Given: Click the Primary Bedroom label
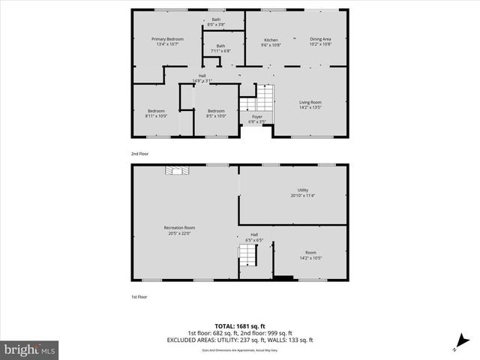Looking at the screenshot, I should [x=167, y=39].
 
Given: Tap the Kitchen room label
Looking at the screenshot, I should [x=271, y=40].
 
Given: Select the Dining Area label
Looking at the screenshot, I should [x=320, y=39].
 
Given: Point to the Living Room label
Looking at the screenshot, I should [x=310, y=102].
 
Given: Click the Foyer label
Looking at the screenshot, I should [x=256, y=116].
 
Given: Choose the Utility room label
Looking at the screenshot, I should [x=303, y=190].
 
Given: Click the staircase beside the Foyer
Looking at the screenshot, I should [x=263, y=97].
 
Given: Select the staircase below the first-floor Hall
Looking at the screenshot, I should [x=247, y=259].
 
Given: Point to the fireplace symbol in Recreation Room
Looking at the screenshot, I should [x=175, y=170].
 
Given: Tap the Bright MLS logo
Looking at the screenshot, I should [x=30, y=349].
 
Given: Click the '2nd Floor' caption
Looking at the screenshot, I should [x=140, y=154].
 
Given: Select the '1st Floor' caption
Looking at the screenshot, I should [x=139, y=298].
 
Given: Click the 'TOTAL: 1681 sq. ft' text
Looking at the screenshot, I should [x=240, y=326].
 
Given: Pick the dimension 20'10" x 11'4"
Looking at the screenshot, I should [x=303, y=196].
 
